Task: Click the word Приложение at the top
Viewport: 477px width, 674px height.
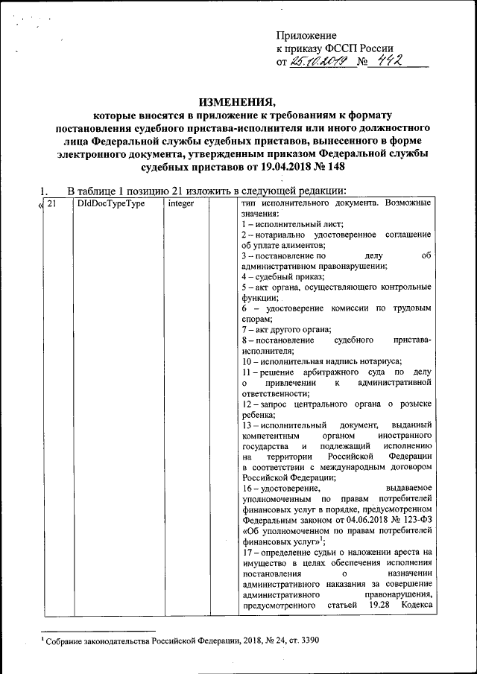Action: pos(306,35)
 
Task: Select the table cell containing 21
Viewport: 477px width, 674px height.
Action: pos(52,203)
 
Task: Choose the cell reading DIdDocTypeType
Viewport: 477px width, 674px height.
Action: pos(110,203)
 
